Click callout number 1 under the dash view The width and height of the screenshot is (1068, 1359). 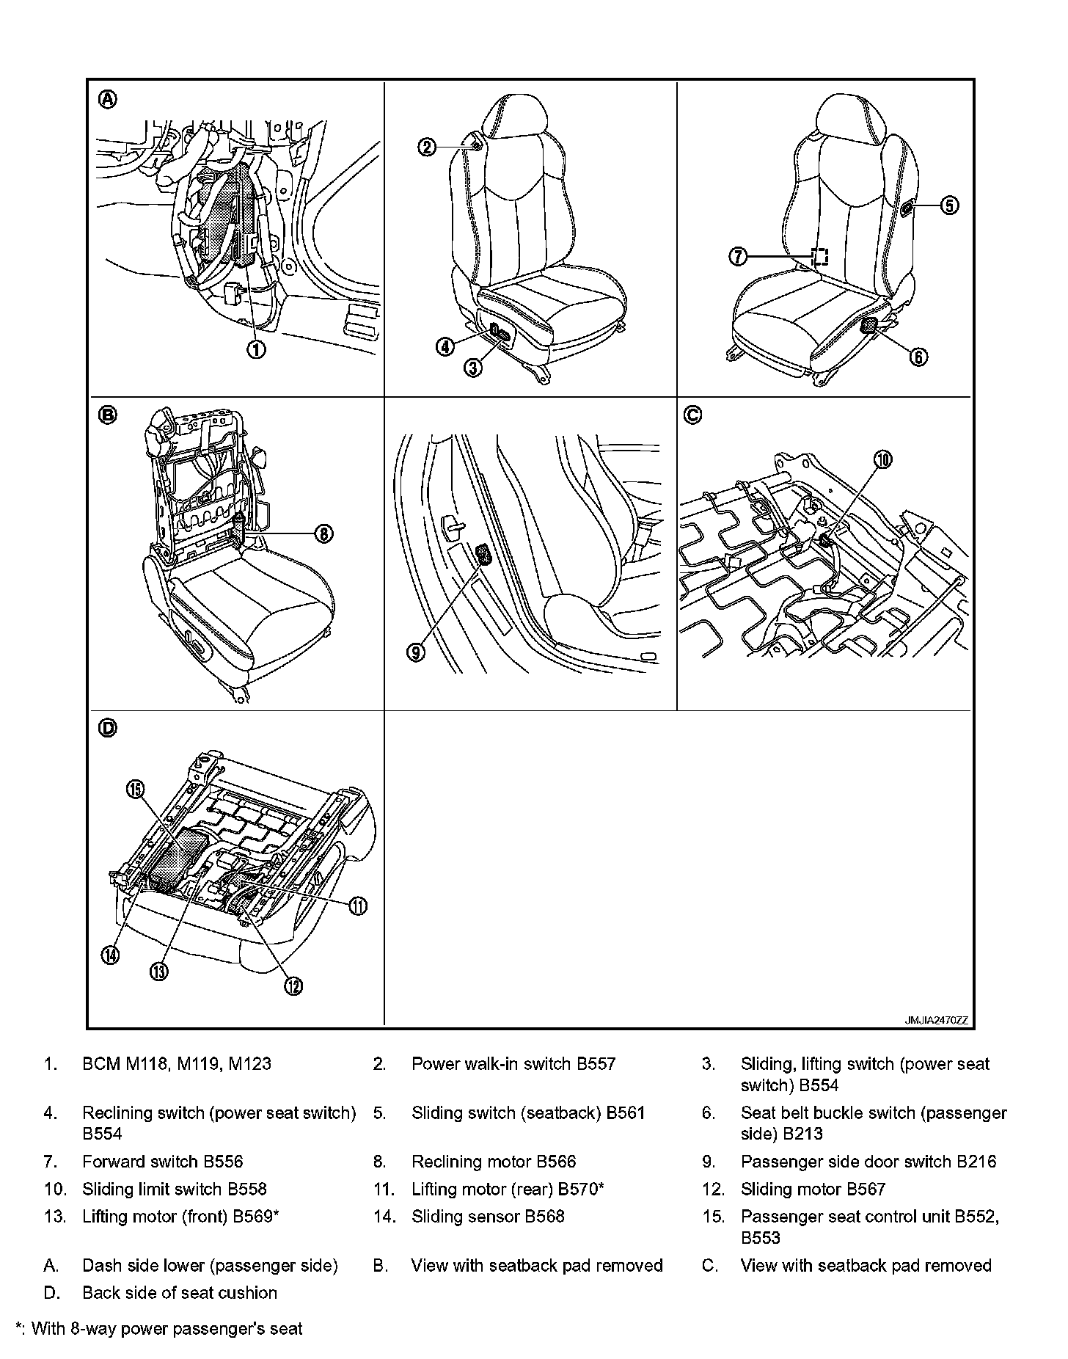[x=256, y=349]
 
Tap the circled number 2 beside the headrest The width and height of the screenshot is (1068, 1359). [x=427, y=147]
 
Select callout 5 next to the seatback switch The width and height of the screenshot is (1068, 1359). [x=949, y=205]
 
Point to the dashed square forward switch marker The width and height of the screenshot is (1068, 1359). [x=820, y=256]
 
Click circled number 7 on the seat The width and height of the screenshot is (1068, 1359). [x=738, y=256]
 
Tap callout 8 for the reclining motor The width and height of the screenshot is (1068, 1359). [x=324, y=533]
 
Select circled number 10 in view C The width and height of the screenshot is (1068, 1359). [x=883, y=459]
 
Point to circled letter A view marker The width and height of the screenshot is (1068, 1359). [x=108, y=99]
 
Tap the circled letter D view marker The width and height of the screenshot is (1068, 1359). [x=108, y=728]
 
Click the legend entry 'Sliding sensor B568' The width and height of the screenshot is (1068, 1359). [x=488, y=1217]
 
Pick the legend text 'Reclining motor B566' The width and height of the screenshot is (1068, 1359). [x=494, y=1162]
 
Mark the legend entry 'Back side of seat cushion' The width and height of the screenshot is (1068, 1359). [x=180, y=1293]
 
